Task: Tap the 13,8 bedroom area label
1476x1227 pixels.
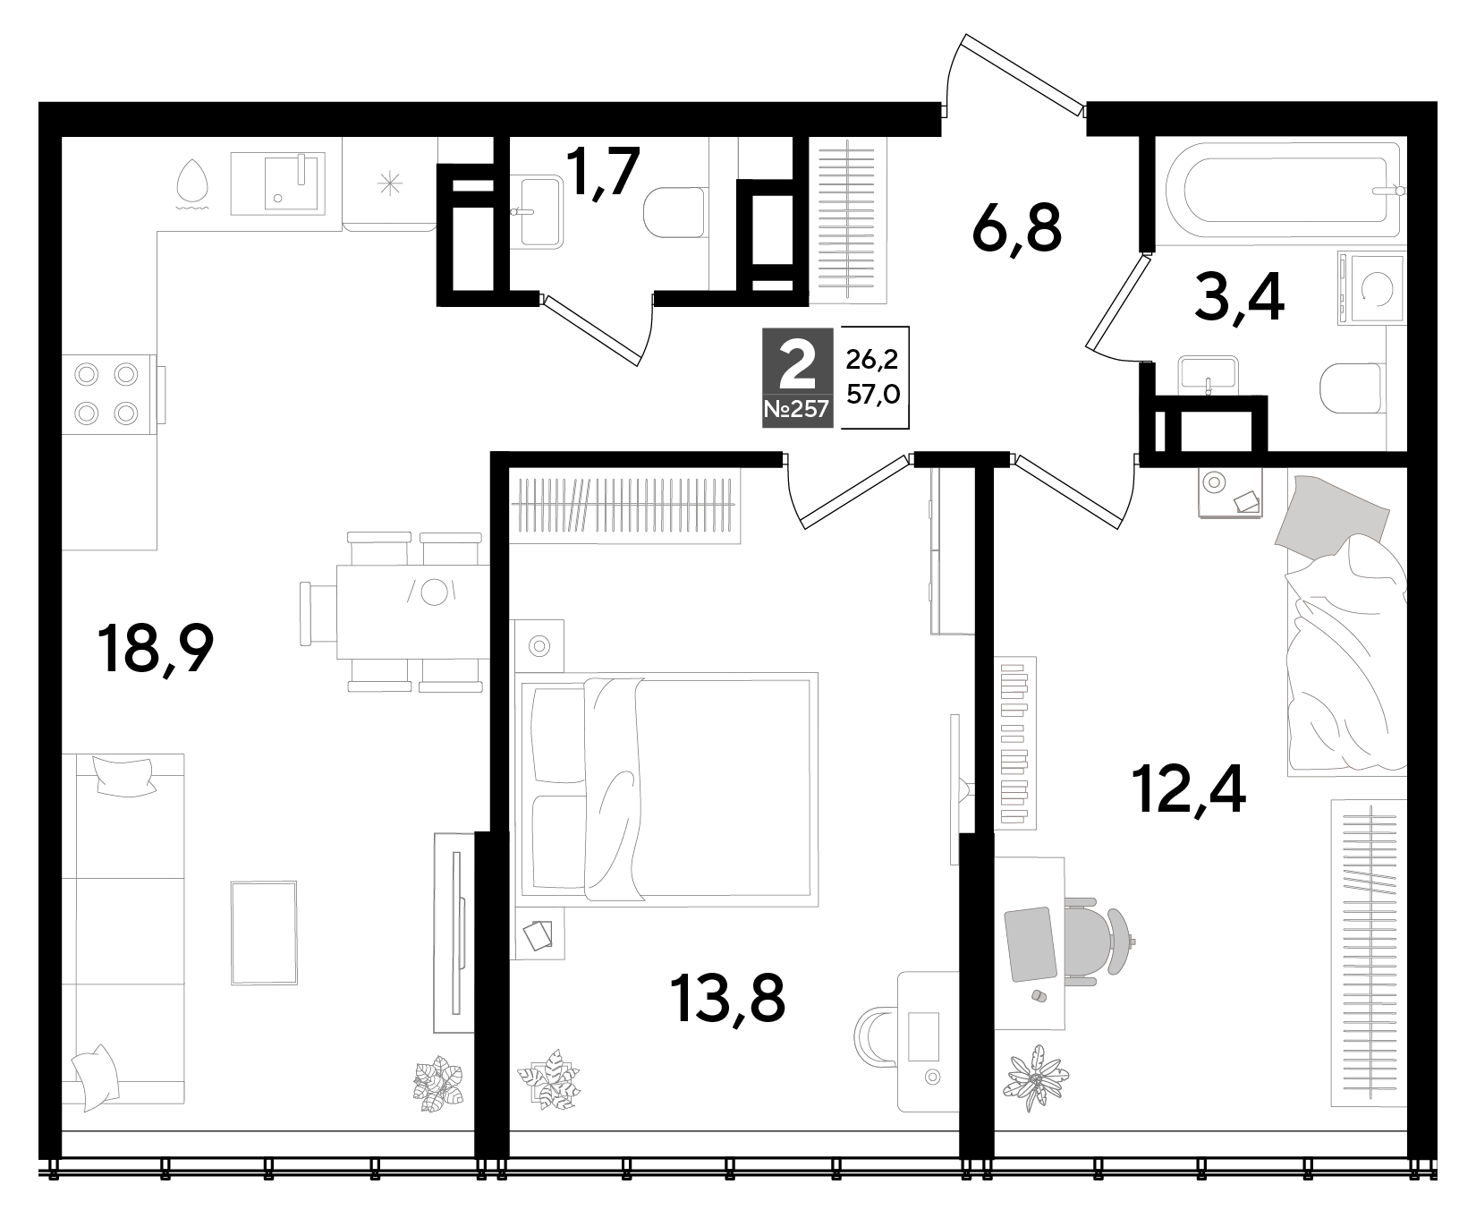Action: click(x=726, y=998)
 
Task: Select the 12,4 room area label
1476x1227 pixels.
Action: click(x=1188, y=787)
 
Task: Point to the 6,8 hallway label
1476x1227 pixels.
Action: click(x=1016, y=229)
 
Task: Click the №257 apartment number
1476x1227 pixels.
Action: click(x=797, y=412)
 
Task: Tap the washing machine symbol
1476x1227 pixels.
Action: click(x=1370, y=288)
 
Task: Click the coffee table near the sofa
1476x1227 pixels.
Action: click(x=264, y=933)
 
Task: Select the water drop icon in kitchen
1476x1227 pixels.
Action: click(x=192, y=183)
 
